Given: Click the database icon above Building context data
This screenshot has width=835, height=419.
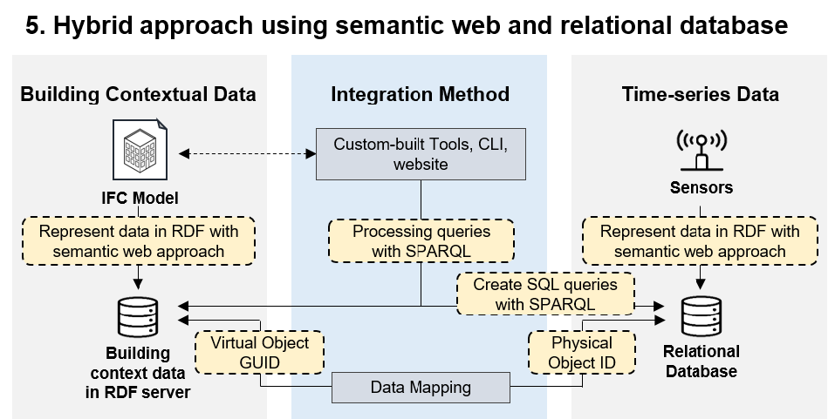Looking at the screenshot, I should click(138, 317).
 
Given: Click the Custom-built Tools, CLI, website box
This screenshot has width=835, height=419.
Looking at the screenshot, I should click(421, 153).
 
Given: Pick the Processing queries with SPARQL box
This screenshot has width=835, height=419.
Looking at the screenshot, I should click(421, 240).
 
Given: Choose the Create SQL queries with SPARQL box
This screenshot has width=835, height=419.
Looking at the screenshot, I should click(545, 294).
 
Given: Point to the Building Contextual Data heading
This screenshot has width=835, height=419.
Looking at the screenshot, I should click(138, 94).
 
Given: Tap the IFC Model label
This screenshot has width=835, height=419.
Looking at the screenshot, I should click(139, 199).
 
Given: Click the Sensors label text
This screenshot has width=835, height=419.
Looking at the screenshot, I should click(702, 187).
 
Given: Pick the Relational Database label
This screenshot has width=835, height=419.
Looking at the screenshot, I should click(701, 362).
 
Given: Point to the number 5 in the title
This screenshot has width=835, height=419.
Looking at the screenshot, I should click(32, 27).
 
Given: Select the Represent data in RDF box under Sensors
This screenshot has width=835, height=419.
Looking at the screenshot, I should click(700, 241).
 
